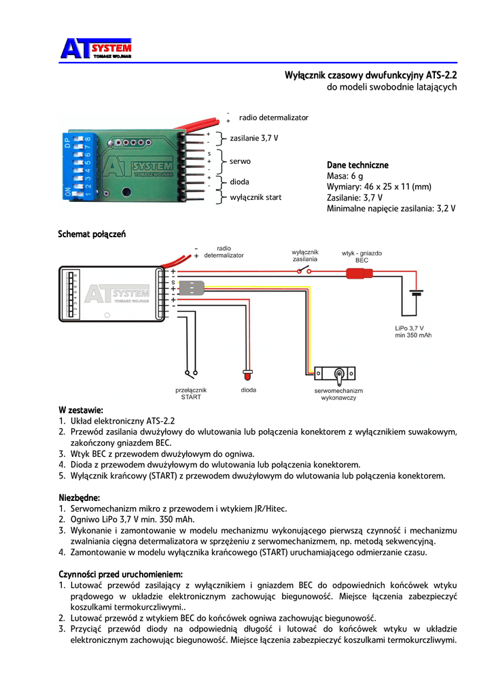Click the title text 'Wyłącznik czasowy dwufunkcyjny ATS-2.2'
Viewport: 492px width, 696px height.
click(370, 75)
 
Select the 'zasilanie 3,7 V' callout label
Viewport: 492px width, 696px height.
click(254, 138)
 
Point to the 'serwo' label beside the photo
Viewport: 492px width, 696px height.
click(240, 162)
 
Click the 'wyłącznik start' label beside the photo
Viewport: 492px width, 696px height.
click(256, 197)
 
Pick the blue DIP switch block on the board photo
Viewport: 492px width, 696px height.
click(78, 167)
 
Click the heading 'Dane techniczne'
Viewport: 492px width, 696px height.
click(357, 165)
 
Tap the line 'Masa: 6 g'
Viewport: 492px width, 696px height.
click(345, 176)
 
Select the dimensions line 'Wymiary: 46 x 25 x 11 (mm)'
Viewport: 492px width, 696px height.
click(379, 187)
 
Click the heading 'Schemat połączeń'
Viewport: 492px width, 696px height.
click(92, 234)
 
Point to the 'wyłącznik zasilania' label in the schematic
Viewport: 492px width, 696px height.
click(305, 256)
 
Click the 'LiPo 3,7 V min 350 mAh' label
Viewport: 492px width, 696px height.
click(414, 332)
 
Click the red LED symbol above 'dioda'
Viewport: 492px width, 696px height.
click(248, 375)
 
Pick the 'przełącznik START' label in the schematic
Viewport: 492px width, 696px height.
click(191, 394)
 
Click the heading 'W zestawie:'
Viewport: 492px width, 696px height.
click(80, 410)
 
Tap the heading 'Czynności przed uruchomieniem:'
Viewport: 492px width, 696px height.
click(120, 574)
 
